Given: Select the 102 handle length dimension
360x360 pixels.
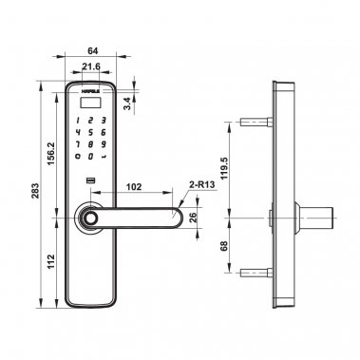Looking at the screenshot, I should click(134, 187).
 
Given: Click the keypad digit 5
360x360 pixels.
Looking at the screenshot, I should click(90, 131).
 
